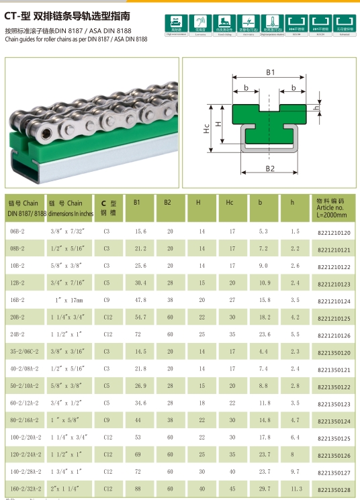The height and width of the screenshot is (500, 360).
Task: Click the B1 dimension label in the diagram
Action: point(270,72)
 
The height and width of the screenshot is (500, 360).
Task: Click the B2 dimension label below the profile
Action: point(270,168)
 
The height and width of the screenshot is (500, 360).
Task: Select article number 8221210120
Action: point(334,232)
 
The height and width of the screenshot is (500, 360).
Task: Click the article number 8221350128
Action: point(334,491)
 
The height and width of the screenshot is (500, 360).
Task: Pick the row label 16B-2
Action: point(17,300)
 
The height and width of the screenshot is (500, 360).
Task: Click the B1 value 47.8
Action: point(141,300)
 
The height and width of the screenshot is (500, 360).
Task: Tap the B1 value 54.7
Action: point(141,317)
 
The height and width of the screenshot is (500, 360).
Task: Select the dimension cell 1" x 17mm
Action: point(66,300)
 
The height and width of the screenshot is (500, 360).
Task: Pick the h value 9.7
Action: point(296,472)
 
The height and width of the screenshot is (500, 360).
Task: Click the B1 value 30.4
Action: point(141,283)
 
